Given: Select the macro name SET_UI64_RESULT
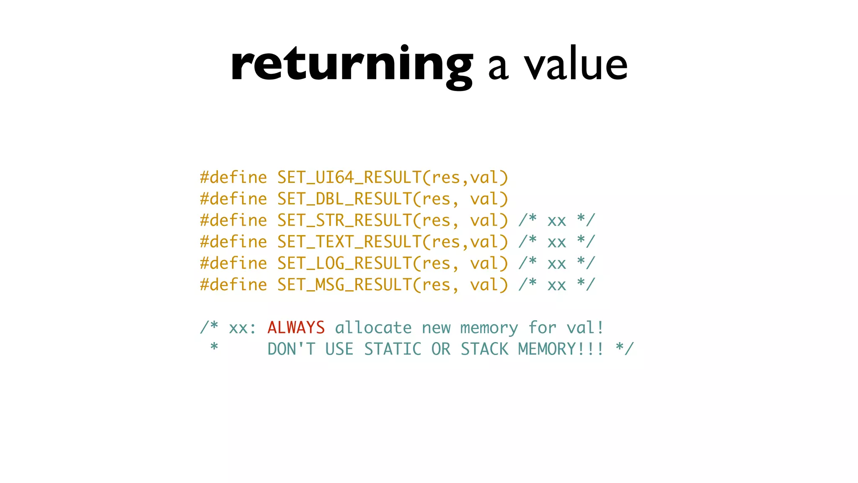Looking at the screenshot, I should (x=349, y=178).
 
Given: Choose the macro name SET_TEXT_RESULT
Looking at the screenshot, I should (x=349, y=242).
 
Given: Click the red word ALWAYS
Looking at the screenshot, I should (x=296, y=328).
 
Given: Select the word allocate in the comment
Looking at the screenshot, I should (x=373, y=328).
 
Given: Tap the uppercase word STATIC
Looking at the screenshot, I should (x=393, y=349).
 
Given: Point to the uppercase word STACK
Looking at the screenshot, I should (x=484, y=349).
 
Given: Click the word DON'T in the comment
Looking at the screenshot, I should (x=291, y=349).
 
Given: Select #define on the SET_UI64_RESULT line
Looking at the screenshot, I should (x=233, y=178).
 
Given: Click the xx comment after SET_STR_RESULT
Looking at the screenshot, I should (x=557, y=221).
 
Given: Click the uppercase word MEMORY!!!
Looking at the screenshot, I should (x=561, y=349).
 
